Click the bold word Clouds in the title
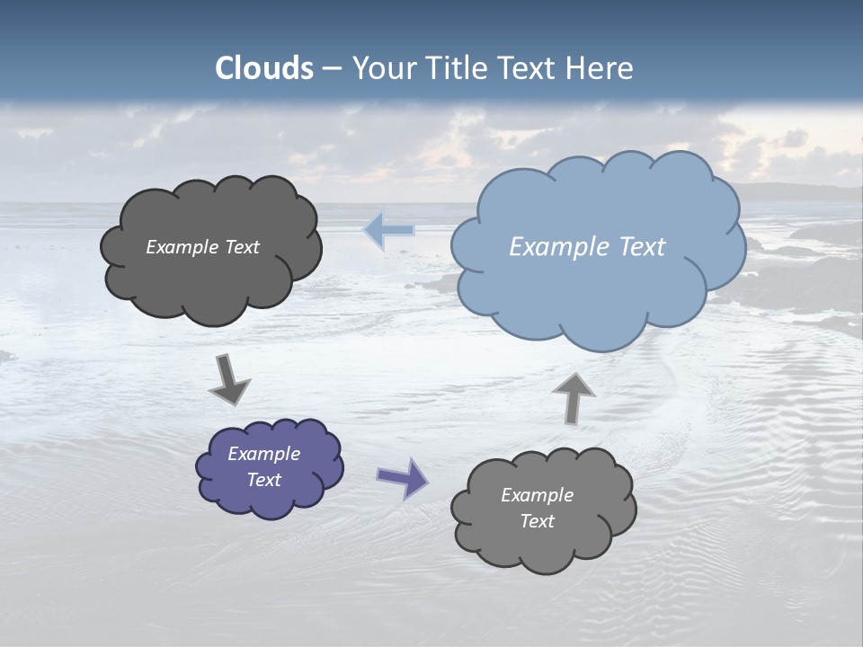[264, 68]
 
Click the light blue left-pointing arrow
[388, 230]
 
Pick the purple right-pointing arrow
[403, 478]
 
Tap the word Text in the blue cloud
[642, 247]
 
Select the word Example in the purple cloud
[264, 454]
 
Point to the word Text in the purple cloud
[264, 480]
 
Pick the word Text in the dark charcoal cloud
[242, 247]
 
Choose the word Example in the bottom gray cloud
[537, 495]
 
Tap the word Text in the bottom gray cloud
[537, 521]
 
